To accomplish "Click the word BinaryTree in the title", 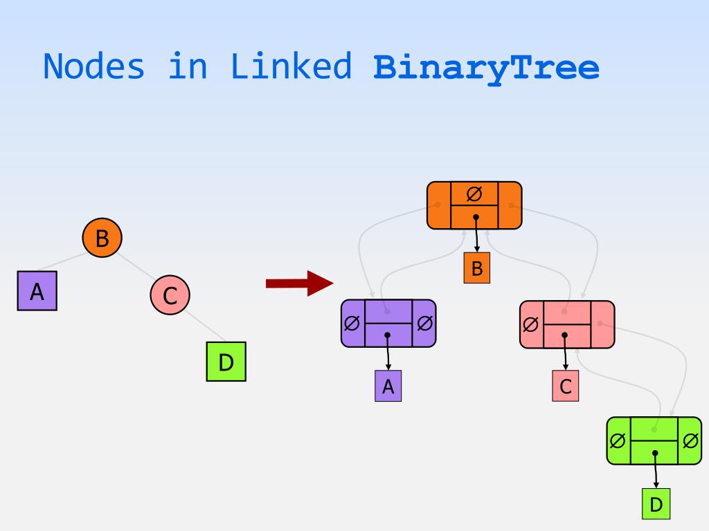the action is [x=486, y=68].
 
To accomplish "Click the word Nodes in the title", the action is [x=95, y=67].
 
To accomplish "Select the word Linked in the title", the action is [x=291, y=67].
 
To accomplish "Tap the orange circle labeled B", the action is [x=102, y=239].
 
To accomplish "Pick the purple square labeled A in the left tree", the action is [x=37, y=291].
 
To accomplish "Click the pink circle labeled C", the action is [x=170, y=295].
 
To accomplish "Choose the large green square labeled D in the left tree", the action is [x=226, y=362].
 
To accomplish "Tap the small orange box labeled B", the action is [x=476, y=268].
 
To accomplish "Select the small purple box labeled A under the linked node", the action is [x=388, y=386].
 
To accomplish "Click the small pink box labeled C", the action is [x=566, y=386].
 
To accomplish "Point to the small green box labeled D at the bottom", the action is [x=656, y=504].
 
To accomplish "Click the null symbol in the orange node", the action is [x=474, y=194].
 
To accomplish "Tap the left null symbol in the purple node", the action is [x=352, y=323].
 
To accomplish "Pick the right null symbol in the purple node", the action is [x=425, y=323].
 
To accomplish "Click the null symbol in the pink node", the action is [x=530, y=324].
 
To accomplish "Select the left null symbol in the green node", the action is [x=618, y=440].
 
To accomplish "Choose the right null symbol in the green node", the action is [x=690, y=440].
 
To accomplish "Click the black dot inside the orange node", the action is [x=476, y=217].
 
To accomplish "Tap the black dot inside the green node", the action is [x=655, y=454].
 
